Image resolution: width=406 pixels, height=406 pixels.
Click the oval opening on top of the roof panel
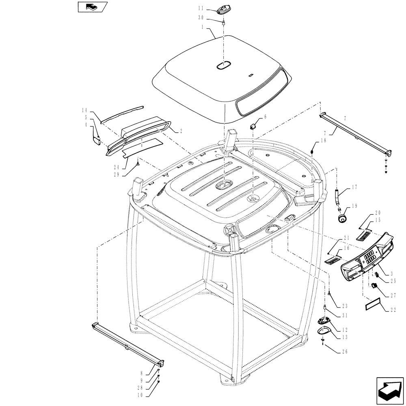[x=223, y=65]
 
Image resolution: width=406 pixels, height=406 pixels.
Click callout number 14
[x=84, y=110]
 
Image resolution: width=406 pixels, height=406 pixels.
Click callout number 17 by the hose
[x=354, y=187]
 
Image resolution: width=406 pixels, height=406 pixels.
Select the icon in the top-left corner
[x=91, y=7]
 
